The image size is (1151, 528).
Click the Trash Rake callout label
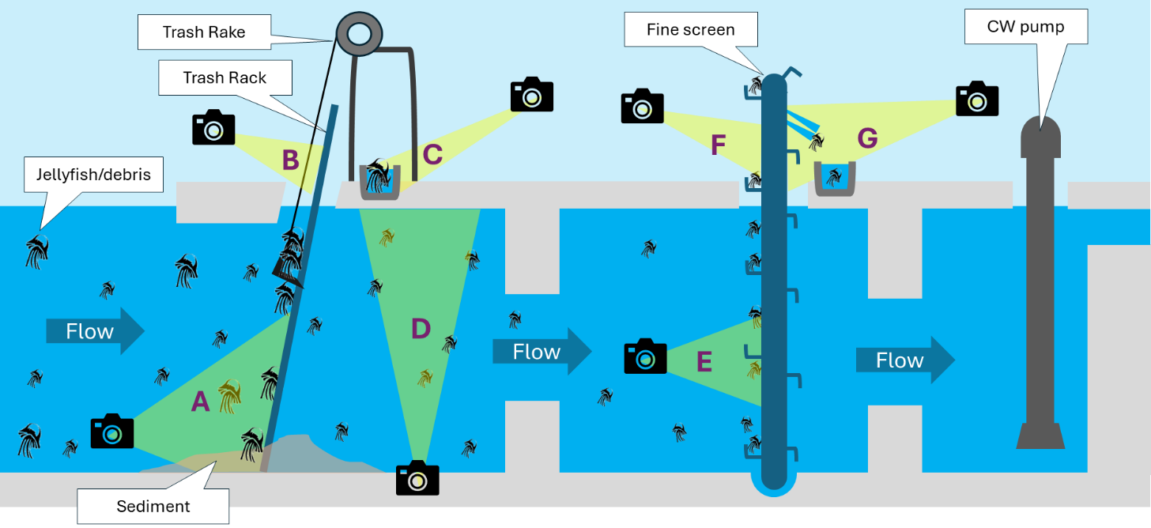[x=203, y=32]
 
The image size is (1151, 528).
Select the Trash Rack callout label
[x=225, y=77]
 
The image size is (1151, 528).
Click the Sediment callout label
[x=153, y=506]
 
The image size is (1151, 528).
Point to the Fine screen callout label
[x=690, y=30]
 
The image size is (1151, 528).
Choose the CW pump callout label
[x=1025, y=27]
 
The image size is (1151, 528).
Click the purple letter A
[x=201, y=402]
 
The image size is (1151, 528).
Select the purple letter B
[x=291, y=160]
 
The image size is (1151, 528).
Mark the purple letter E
[x=704, y=362]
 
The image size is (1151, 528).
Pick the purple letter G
[x=867, y=138]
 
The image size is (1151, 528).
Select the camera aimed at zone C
[x=532, y=95]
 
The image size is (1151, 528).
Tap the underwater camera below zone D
[x=417, y=477]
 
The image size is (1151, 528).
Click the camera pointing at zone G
[x=977, y=99]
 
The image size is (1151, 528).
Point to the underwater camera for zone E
[x=645, y=356]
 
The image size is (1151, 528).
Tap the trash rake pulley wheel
[x=359, y=33]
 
